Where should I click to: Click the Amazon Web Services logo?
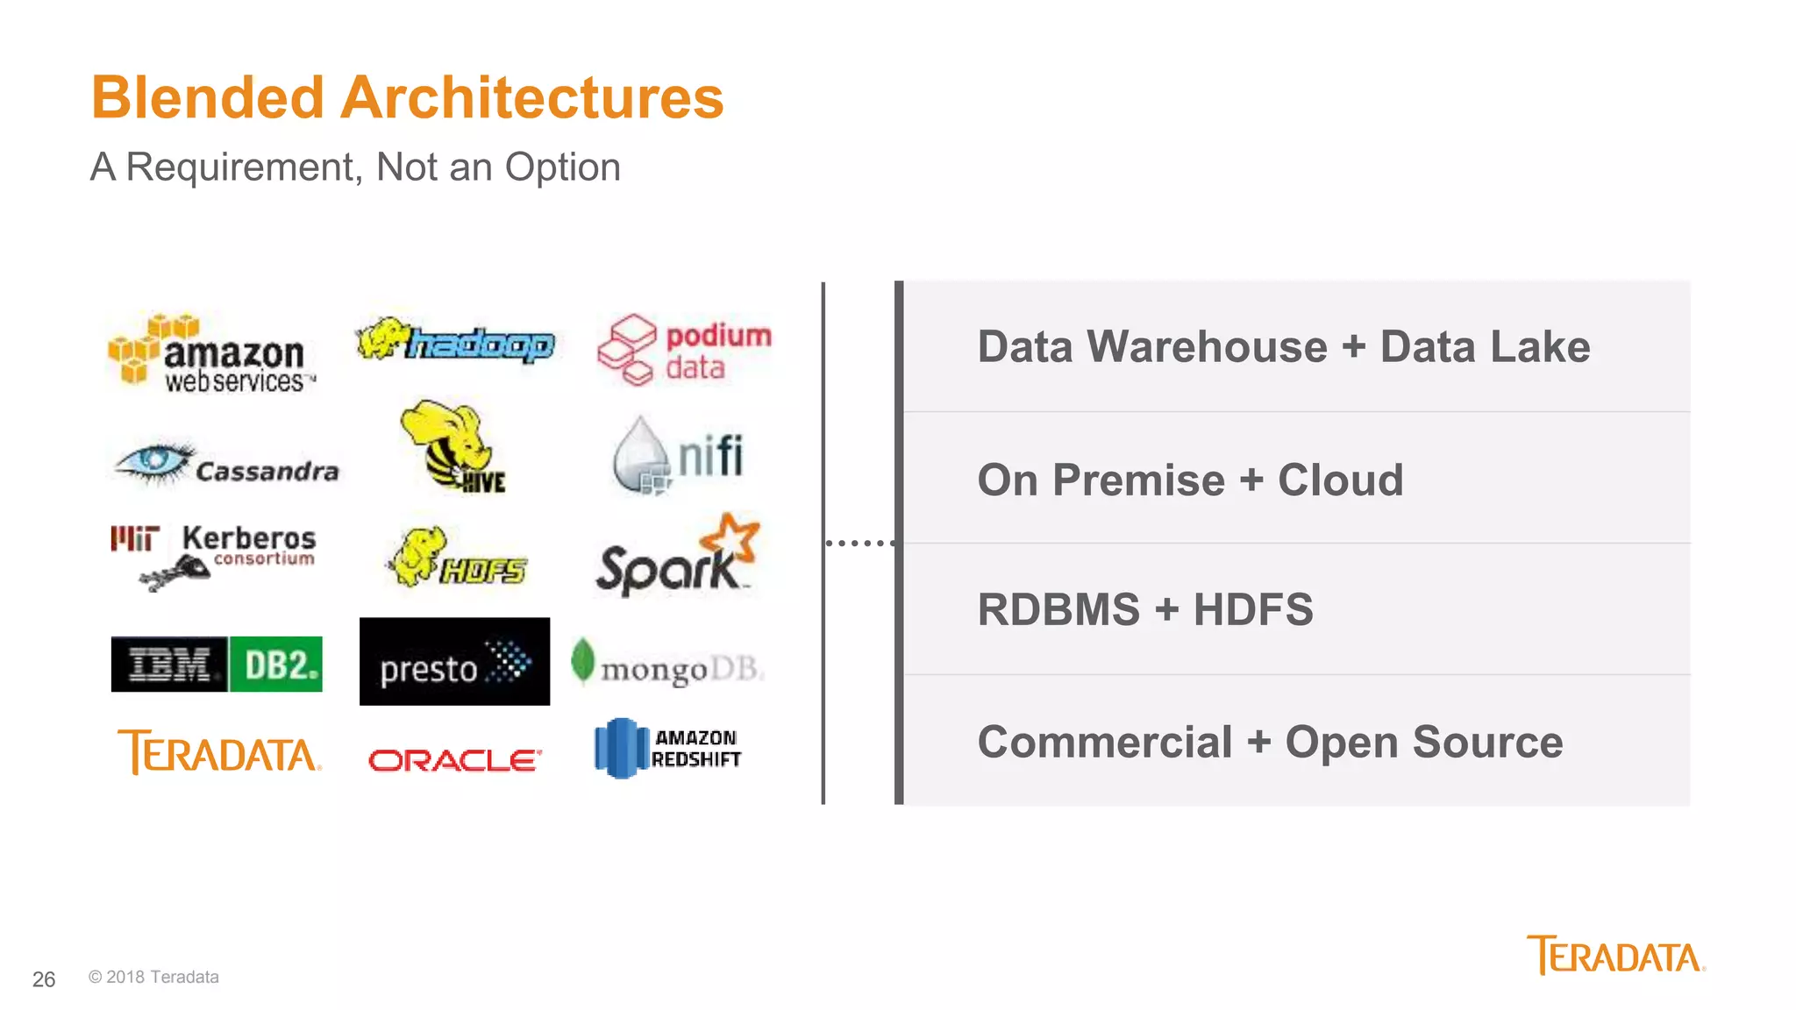(210, 352)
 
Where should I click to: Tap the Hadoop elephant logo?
(455, 342)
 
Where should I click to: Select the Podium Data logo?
(684, 350)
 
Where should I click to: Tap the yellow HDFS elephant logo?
(455, 558)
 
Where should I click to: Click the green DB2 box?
(275, 665)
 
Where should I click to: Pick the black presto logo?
(454, 662)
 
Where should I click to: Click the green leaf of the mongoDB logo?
(582, 660)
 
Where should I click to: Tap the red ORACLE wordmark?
(454, 759)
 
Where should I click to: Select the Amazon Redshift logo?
(667, 748)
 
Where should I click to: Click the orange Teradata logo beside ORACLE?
(219, 752)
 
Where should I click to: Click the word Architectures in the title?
(531, 97)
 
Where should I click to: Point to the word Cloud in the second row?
(1340, 480)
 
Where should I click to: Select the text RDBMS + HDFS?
(1144, 609)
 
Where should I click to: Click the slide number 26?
(44, 979)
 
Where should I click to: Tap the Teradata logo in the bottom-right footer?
(1615, 956)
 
